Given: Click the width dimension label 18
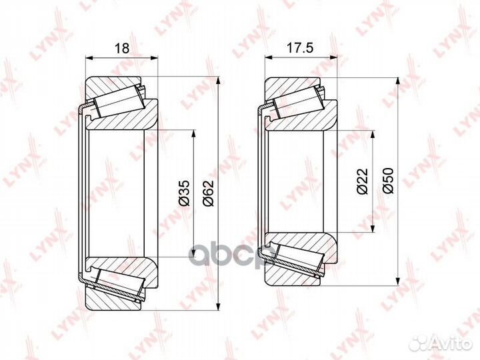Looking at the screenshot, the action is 122,48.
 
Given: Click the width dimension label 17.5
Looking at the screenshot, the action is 300,48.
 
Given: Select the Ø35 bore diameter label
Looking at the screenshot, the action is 185,193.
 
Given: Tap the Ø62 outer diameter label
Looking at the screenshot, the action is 208,193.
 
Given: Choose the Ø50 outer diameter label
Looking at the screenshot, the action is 388,181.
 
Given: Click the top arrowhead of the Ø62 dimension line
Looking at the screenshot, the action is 218,80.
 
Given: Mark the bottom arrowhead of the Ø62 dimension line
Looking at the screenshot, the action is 218,307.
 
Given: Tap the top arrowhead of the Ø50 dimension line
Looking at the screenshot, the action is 397,81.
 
